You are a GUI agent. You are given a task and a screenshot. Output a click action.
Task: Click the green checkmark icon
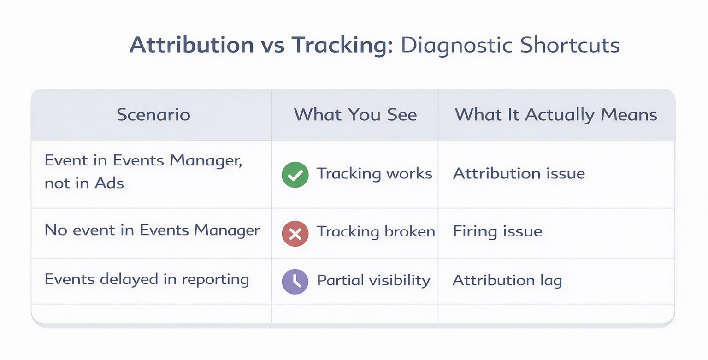click(x=295, y=175)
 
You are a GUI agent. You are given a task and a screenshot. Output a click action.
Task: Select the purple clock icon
click(x=295, y=281)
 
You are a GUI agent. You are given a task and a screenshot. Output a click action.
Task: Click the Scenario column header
click(x=153, y=114)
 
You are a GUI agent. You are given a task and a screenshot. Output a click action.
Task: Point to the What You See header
click(x=355, y=114)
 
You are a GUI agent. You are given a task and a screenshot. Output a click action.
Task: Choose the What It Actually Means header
click(x=556, y=114)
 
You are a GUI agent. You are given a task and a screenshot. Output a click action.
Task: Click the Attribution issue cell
click(x=519, y=173)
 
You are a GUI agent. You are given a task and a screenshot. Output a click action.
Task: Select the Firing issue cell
click(x=497, y=230)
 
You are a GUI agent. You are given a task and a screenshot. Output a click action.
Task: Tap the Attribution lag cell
click(x=507, y=280)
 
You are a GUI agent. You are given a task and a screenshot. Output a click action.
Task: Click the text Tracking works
click(x=374, y=174)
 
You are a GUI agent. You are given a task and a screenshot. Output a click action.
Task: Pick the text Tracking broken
click(x=376, y=231)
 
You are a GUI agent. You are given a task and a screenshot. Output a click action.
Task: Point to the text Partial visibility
click(x=373, y=280)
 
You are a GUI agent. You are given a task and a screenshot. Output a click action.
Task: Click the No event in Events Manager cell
click(x=152, y=230)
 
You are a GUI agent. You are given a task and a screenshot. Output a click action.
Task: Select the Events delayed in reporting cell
click(x=147, y=279)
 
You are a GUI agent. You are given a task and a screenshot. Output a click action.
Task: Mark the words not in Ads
click(x=84, y=183)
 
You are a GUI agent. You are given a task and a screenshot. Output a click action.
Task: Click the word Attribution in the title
click(x=191, y=46)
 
